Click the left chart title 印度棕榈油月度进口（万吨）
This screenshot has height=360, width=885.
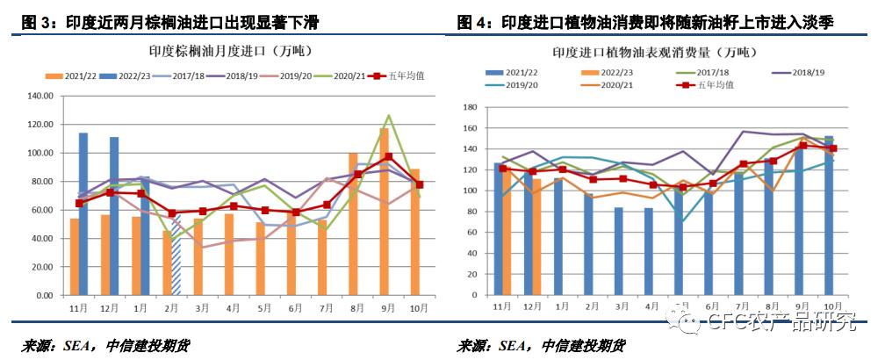(229, 50)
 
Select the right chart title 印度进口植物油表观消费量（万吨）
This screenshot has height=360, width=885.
(653, 53)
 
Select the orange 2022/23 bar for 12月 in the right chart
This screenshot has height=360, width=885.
(536, 237)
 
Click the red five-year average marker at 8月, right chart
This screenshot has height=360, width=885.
(773, 161)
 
